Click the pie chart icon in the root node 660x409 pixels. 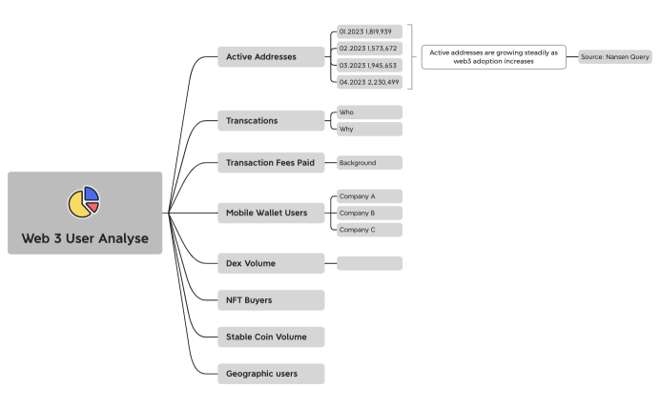coord(84,201)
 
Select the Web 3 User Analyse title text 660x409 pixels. coord(85,237)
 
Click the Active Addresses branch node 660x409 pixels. coord(271,57)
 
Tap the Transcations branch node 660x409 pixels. coord(271,121)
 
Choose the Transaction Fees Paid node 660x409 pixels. coord(271,163)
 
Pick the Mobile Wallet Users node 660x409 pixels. coord(271,213)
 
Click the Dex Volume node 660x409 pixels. coord(271,263)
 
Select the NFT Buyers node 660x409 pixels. coord(271,300)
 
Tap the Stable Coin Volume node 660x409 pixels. coord(271,337)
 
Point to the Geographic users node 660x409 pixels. coord(271,374)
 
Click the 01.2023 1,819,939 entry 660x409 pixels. coord(369,31)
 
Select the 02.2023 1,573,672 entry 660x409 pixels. coord(369,49)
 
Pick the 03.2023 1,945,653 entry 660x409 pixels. coord(369,65)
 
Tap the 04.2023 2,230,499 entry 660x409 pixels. coord(369,82)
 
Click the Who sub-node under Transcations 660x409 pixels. coord(369,112)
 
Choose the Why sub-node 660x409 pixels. coord(369,129)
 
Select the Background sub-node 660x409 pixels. coord(369,163)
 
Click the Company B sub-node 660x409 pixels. coord(369,213)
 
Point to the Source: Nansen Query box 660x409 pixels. coord(614,57)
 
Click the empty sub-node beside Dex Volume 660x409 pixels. coord(369,263)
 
